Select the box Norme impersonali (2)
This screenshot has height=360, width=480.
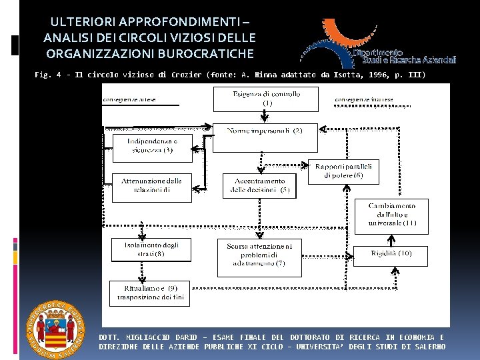tap(265, 131)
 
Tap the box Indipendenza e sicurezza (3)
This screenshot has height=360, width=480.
tap(153, 146)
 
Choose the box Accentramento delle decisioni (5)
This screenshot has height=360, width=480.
tap(260, 185)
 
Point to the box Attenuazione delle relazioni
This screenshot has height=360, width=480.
tap(151, 187)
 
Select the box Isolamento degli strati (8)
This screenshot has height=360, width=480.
tap(151, 249)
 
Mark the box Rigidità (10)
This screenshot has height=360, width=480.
tap(391, 253)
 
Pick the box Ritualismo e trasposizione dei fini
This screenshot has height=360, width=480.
tap(150, 293)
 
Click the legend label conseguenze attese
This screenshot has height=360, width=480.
tap(129, 100)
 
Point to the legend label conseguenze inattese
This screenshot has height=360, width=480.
tap(364, 100)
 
